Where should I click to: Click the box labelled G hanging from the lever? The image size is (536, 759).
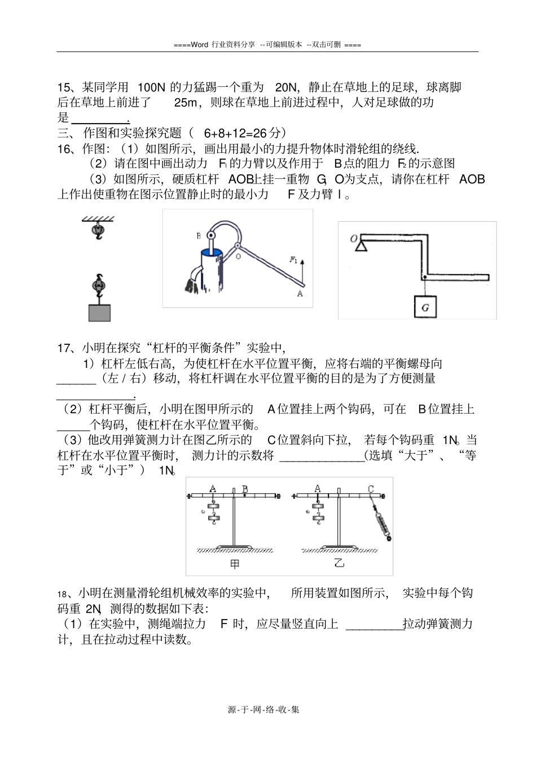[425, 308]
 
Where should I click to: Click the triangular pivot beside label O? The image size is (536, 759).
[362, 244]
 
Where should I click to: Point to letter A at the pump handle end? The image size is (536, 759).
[300, 293]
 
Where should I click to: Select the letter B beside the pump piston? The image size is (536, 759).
[199, 236]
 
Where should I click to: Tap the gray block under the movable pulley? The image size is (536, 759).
[99, 313]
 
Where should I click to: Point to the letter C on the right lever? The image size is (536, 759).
[371, 489]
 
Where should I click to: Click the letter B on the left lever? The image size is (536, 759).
[245, 489]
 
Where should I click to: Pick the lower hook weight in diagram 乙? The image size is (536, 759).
[318, 517]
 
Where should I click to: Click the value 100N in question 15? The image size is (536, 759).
[151, 87]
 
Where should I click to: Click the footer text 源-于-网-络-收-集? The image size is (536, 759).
[263, 709]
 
